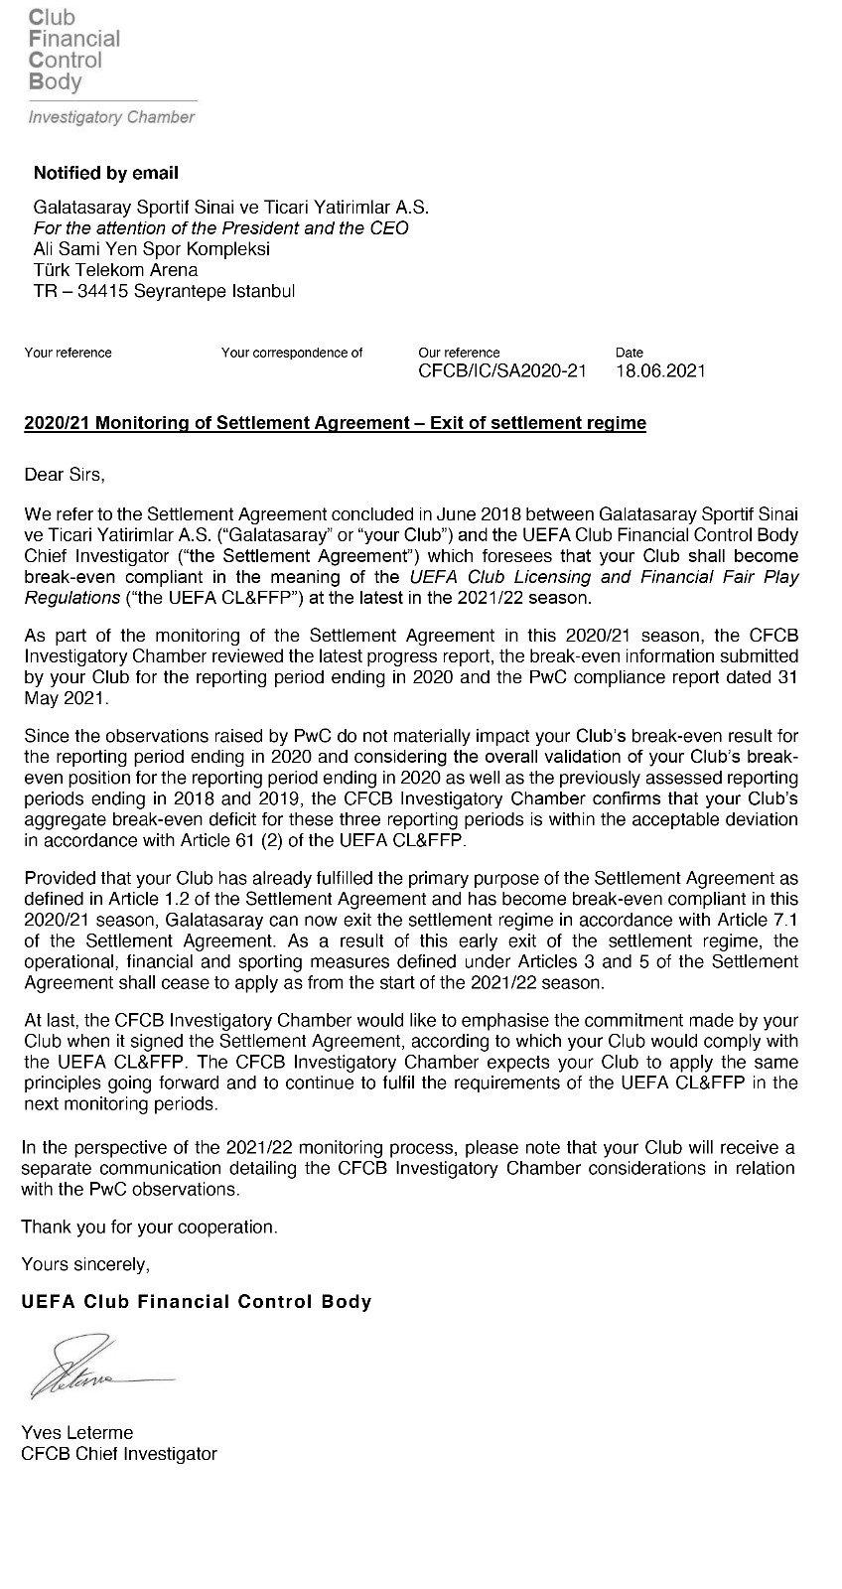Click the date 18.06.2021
tap(660, 371)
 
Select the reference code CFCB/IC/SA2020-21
tap(502, 371)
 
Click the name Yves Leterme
tap(76, 1432)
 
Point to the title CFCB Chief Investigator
tap(119, 1453)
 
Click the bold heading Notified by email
tap(106, 173)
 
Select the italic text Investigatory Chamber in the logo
tap(111, 117)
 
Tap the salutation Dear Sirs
tap(64, 474)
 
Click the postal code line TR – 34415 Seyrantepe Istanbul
tap(164, 291)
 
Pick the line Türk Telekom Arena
tap(115, 270)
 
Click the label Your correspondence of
tap(292, 353)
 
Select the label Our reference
tap(459, 353)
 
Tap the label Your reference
tap(68, 353)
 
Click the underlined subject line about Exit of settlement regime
tap(335, 423)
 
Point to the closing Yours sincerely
tap(85, 1264)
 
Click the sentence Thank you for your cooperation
tap(149, 1227)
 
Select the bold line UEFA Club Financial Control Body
tap(197, 1302)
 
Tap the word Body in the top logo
tap(56, 82)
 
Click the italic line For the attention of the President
tap(220, 228)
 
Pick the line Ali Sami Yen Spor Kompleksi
tap(152, 249)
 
